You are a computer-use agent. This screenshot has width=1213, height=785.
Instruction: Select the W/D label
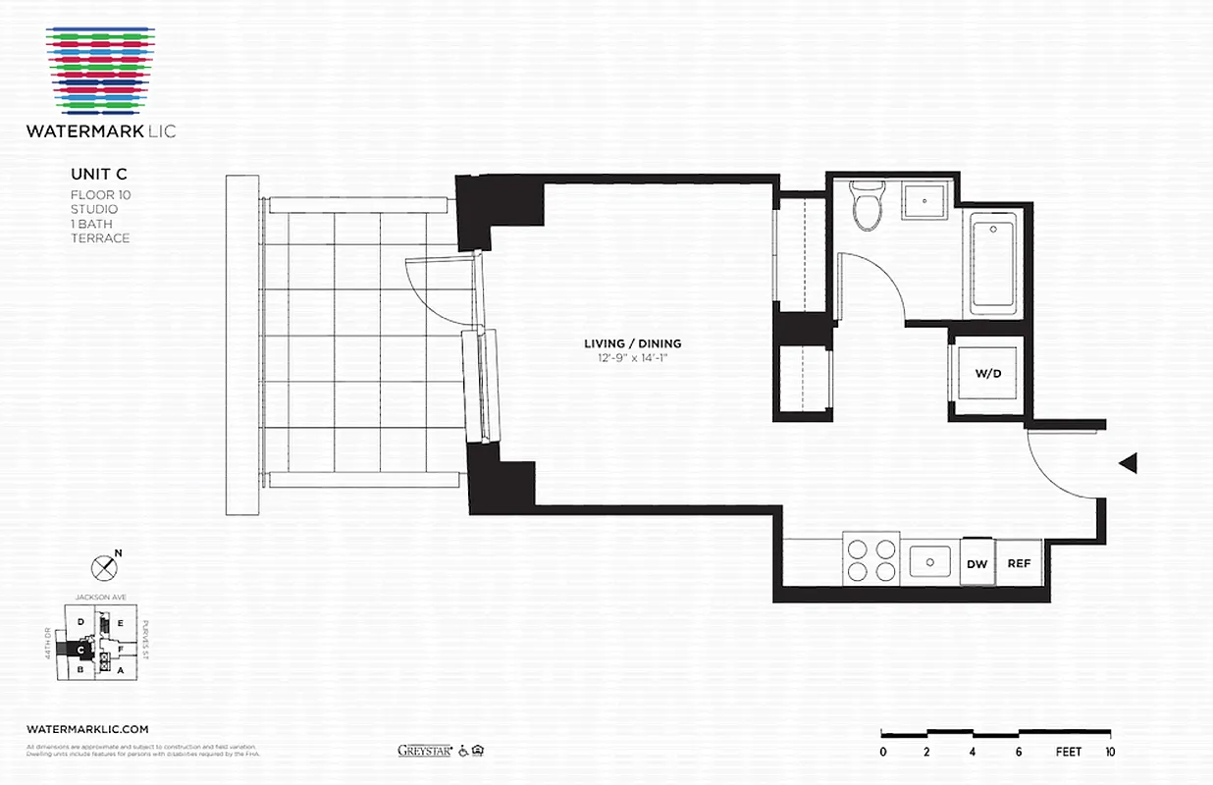pos(987,374)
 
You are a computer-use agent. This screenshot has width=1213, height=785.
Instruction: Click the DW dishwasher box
pos(976,563)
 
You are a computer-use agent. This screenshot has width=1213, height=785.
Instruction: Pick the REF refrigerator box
pos(1019,563)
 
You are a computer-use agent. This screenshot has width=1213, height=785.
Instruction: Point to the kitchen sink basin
pos(927,562)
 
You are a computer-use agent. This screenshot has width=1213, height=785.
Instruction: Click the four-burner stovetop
pos(870,560)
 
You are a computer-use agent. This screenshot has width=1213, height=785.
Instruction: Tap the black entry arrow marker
pos(1128,463)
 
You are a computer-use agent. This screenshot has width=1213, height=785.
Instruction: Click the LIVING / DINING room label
pos(632,343)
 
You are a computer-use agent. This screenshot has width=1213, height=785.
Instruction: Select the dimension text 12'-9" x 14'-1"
pos(632,358)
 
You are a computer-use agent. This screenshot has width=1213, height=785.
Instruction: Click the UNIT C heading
pos(98,174)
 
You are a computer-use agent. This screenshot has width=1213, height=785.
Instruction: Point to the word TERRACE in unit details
pos(100,238)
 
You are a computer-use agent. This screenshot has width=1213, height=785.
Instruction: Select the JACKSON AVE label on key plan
pos(101,597)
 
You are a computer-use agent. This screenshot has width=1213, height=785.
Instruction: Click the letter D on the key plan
pos(80,619)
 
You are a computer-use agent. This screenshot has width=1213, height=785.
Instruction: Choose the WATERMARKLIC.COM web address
pos(87,729)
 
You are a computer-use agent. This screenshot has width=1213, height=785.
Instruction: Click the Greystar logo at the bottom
pos(423,751)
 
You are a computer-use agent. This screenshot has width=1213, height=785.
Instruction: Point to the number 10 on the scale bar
pos(1109,753)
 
